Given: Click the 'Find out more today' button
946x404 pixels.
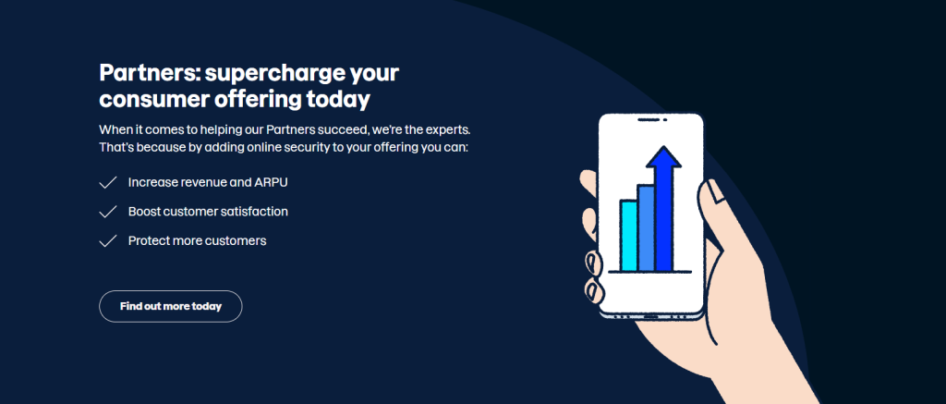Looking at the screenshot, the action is point(170,306).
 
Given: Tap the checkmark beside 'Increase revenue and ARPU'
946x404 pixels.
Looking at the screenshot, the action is point(107,182).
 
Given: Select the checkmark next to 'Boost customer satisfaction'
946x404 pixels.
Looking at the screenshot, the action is point(107,212).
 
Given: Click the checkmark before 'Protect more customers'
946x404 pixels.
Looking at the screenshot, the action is point(107,241).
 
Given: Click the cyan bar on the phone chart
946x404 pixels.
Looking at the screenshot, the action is point(628,236).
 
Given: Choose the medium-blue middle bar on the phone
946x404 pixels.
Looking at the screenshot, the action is point(646,227).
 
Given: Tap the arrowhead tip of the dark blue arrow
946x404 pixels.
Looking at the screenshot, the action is point(663,146).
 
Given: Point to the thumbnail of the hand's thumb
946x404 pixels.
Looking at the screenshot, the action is point(716,190).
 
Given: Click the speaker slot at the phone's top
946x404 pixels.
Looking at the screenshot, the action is point(649,119).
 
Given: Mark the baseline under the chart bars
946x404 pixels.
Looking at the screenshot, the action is point(649,272).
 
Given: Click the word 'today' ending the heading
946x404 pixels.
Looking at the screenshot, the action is point(338,99).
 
